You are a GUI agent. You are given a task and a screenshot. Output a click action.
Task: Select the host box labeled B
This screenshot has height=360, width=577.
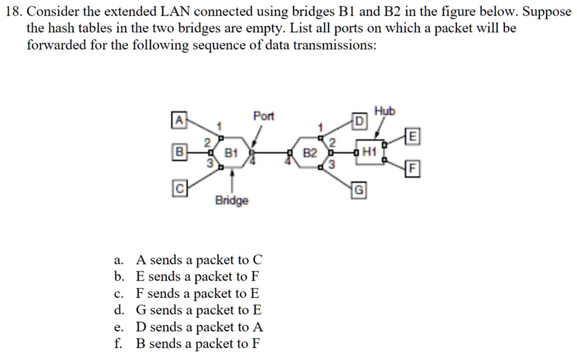(179, 152)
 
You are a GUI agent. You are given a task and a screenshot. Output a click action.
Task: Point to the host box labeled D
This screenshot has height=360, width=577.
(359, 121)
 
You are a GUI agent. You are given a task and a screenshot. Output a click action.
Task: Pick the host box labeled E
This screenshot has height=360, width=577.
(414, 136)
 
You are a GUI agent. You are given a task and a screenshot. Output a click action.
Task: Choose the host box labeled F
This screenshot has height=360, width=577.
(414, 168)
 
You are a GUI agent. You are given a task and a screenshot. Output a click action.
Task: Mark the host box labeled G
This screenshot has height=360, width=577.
(359, 191)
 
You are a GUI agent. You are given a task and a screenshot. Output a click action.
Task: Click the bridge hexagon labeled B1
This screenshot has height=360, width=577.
(232, 152)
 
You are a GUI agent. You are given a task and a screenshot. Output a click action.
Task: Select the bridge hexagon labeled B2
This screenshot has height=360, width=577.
(310, 152)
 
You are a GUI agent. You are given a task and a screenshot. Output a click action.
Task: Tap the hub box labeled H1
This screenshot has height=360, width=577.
(369, 152)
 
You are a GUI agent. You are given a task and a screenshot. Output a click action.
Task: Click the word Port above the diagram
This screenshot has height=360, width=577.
(263, 116)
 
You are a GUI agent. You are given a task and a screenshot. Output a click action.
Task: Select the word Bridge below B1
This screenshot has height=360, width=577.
(231, 201)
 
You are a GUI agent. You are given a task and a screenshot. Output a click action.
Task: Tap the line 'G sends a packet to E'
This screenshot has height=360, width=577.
(199, 310)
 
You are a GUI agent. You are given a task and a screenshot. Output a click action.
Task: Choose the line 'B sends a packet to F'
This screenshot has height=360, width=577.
(198, 344)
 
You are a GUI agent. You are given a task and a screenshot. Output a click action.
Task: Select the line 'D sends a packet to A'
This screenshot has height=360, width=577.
(199, 327)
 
